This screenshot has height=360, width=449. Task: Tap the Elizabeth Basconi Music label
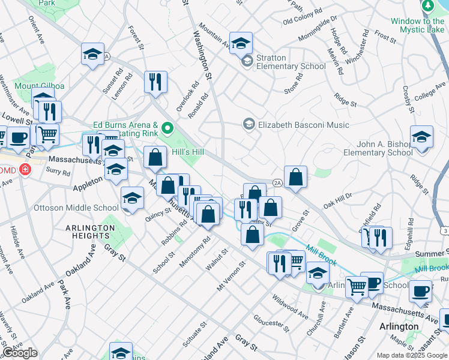[303, 125]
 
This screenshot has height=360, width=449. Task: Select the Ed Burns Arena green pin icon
[168, 127]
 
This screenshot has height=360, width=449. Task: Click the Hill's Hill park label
[187, 152]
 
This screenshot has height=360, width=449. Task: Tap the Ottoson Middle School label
[76, 208]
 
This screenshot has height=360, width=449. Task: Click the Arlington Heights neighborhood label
[91, 232]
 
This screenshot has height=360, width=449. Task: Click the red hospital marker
[25, 170]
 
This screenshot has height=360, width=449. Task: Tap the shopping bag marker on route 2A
[295, 177]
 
